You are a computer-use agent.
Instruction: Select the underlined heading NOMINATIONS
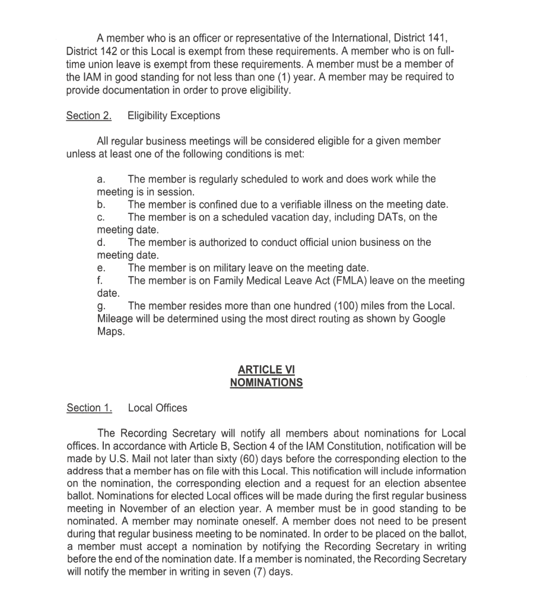tap(266, 383)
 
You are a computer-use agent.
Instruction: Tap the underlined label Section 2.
tap(89, 116)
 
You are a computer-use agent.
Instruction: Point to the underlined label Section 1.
tap(89, 408)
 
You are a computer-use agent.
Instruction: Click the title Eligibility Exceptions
tap(174, 116)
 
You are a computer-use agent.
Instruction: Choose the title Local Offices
tap(157, 408)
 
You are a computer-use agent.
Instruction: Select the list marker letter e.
tap(100, 268)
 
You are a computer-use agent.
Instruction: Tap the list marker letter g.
tap(100, 306)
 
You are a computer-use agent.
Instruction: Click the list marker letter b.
tap(100, 205)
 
